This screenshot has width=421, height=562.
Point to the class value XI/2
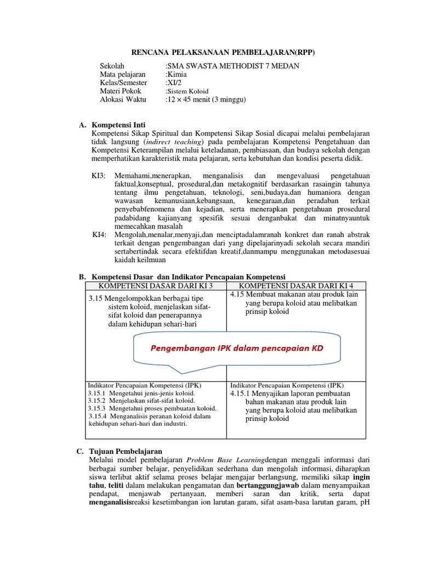175,82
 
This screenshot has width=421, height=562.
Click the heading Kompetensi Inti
119,125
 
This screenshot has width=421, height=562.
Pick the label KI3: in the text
100,175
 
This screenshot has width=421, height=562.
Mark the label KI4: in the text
99,234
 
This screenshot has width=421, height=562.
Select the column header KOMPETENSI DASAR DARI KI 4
297,286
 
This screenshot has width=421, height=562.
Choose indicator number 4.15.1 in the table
240,394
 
